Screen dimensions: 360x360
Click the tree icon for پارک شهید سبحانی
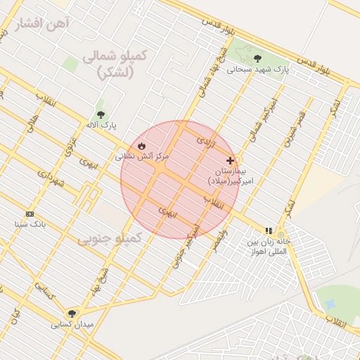[x=257, y=58]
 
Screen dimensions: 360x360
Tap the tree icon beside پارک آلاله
[x=101, y=113]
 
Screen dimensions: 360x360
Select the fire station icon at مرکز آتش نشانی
[x=141, y=146]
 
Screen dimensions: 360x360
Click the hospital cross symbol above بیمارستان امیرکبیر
[x=230, y=160]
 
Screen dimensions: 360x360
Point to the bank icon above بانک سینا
[x=30, y=214]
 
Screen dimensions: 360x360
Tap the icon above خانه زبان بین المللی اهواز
[x=268, y=230]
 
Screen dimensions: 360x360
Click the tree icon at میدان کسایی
[x=71, y=314]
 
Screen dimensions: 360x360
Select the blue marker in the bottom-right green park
[x=329, y=304]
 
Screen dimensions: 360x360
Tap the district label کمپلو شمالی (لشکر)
[x=114, y=64]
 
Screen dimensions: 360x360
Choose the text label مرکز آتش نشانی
[x=142, y=156]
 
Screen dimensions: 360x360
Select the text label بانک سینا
[x=30, y=224]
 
